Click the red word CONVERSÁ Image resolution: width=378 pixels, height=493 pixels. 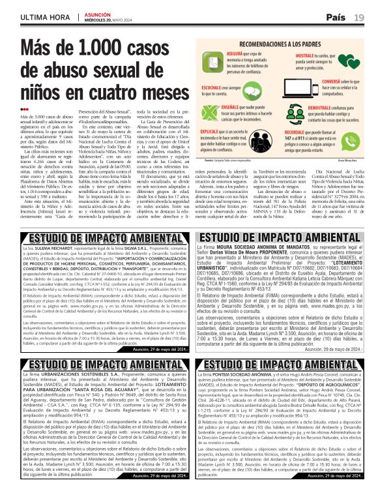(330, 81)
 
